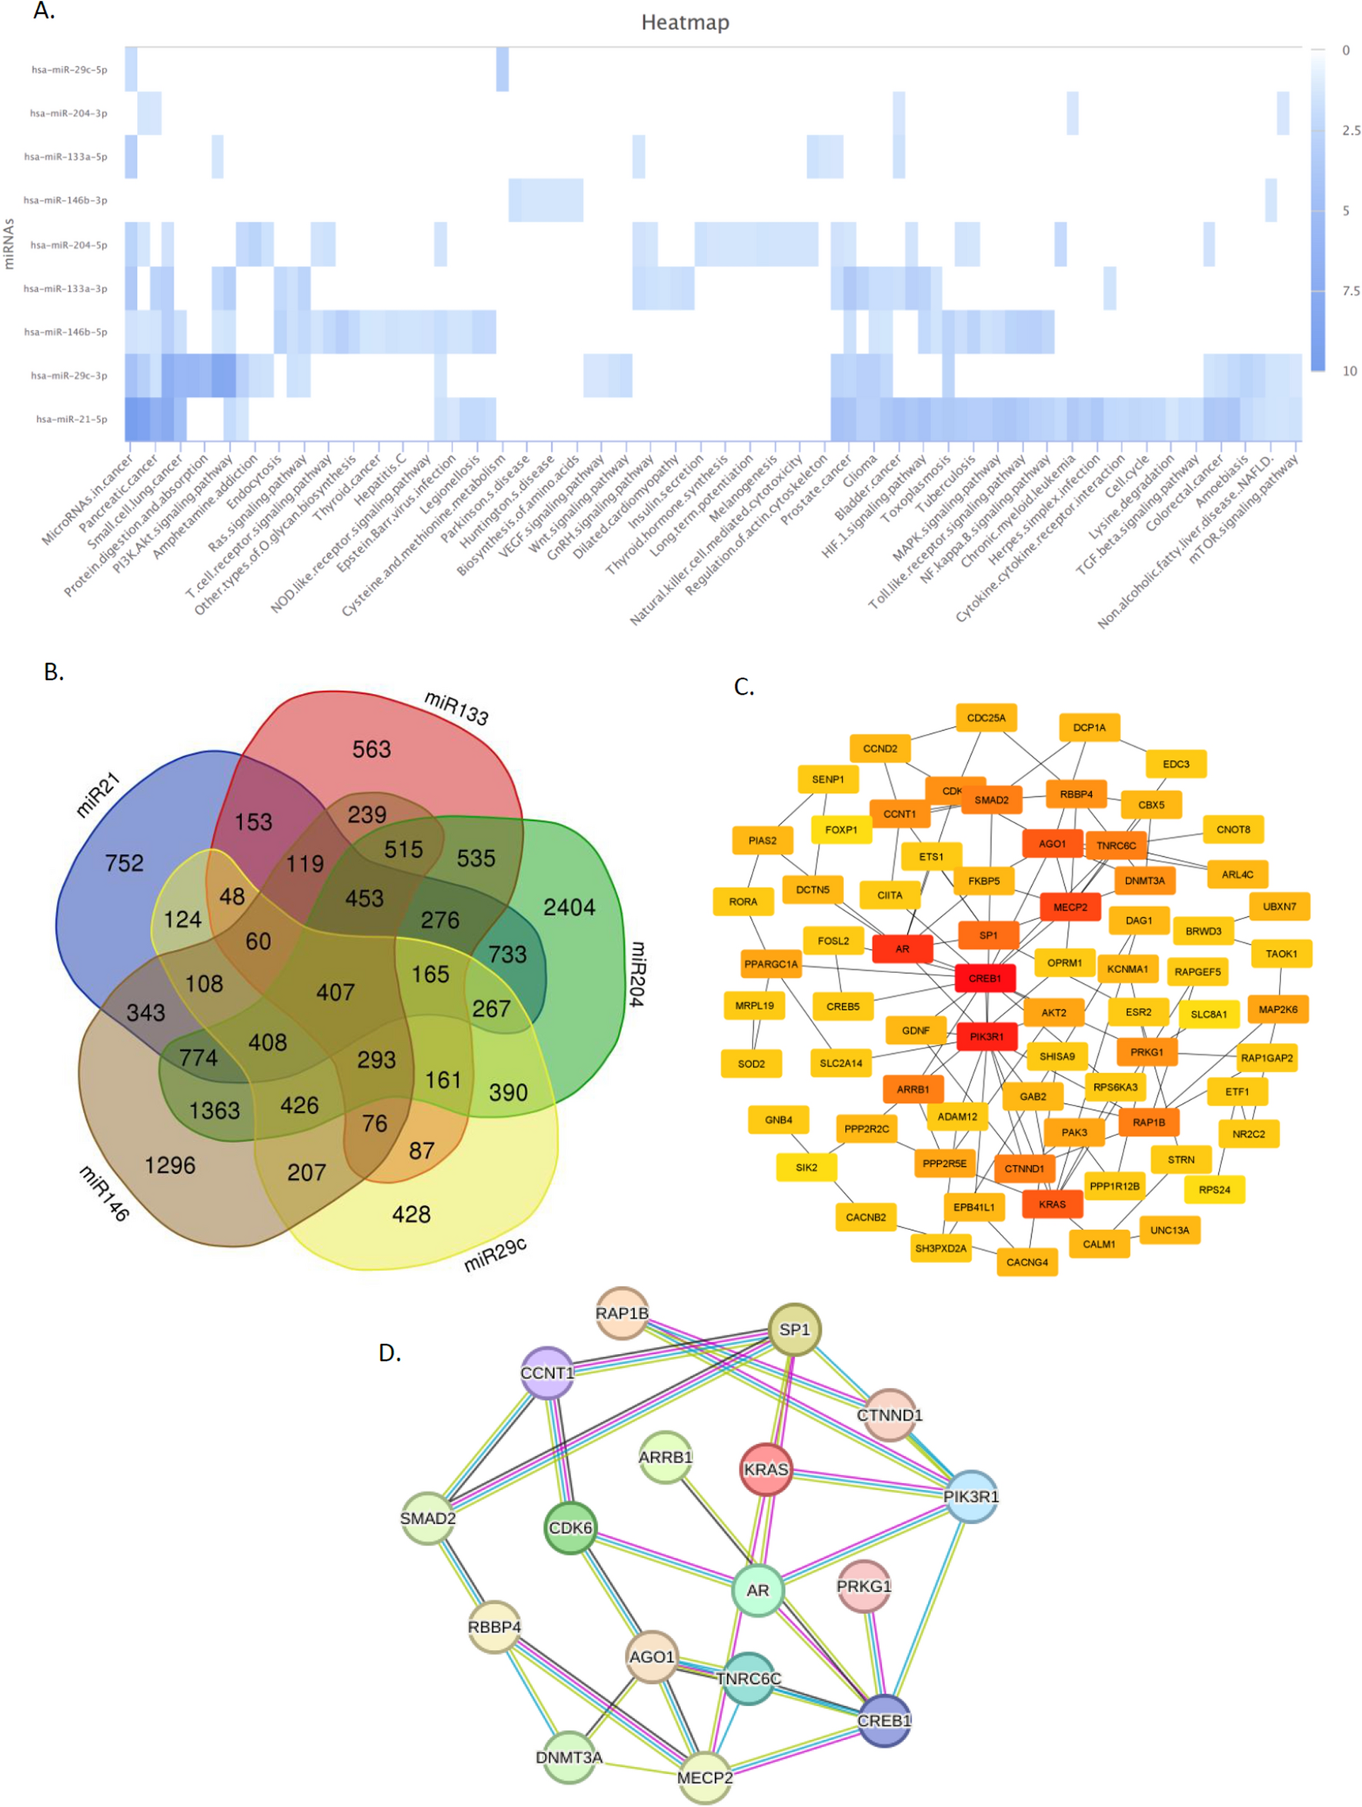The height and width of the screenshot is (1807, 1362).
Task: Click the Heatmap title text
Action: [685, 23]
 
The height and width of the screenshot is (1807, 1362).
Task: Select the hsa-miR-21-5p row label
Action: [71, 419]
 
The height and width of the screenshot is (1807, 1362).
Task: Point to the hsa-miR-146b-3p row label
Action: [65, 200]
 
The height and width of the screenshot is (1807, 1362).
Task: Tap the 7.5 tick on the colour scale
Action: [1350, 291]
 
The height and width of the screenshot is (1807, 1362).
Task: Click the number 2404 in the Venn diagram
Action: [569, 907]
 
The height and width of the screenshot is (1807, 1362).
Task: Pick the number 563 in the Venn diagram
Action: [371, 749]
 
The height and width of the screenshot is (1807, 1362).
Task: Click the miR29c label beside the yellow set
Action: [494, 1255]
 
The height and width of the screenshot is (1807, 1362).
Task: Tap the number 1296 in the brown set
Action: [170, 1165]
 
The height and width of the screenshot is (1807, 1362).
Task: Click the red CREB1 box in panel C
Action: [984, 978]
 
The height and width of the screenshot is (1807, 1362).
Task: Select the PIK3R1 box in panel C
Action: [986, 1037]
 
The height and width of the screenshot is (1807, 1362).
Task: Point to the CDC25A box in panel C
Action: [986, 718]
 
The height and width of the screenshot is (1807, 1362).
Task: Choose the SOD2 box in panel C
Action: [751, 1064]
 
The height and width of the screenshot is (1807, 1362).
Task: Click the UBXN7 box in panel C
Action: [1279, 906]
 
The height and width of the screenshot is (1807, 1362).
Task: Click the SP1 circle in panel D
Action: [794, 1330]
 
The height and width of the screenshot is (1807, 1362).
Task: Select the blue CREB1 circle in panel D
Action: [884, 1720]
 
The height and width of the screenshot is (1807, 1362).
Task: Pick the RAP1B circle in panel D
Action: [622, 1314]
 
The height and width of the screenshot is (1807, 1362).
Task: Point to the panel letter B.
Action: [53, 672]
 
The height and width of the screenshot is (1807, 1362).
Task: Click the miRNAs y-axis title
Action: [10, 243]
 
